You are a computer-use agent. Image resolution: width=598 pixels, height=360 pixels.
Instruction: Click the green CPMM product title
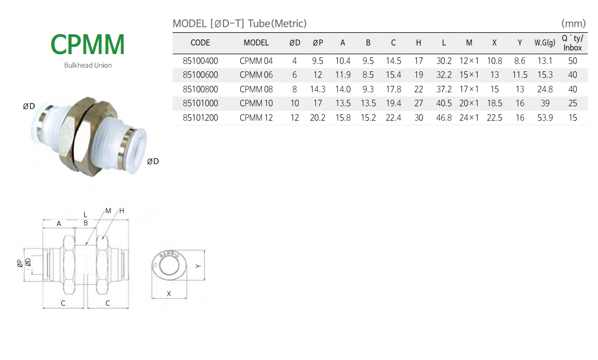(x=87, y=45)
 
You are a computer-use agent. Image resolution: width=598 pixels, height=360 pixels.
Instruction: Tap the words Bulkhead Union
(x=87, y=65)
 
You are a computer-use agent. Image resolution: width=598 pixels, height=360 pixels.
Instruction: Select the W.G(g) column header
(x=544, y=43)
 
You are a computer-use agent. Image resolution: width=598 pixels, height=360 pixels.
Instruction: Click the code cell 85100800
(x=200, y=89)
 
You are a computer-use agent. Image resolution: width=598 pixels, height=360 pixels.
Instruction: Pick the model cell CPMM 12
(x=256, y=118)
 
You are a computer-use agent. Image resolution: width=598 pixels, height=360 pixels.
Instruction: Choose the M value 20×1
(x=469, y=103)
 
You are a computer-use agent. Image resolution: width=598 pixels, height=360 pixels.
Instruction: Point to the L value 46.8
(x=444, y=118)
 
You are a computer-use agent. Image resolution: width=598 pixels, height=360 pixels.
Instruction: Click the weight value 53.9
(x=545, y=118)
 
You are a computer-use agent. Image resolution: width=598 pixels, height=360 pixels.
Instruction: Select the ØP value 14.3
(x=317, y=89)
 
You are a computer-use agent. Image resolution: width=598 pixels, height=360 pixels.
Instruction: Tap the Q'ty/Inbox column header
(x=572, y=43)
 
